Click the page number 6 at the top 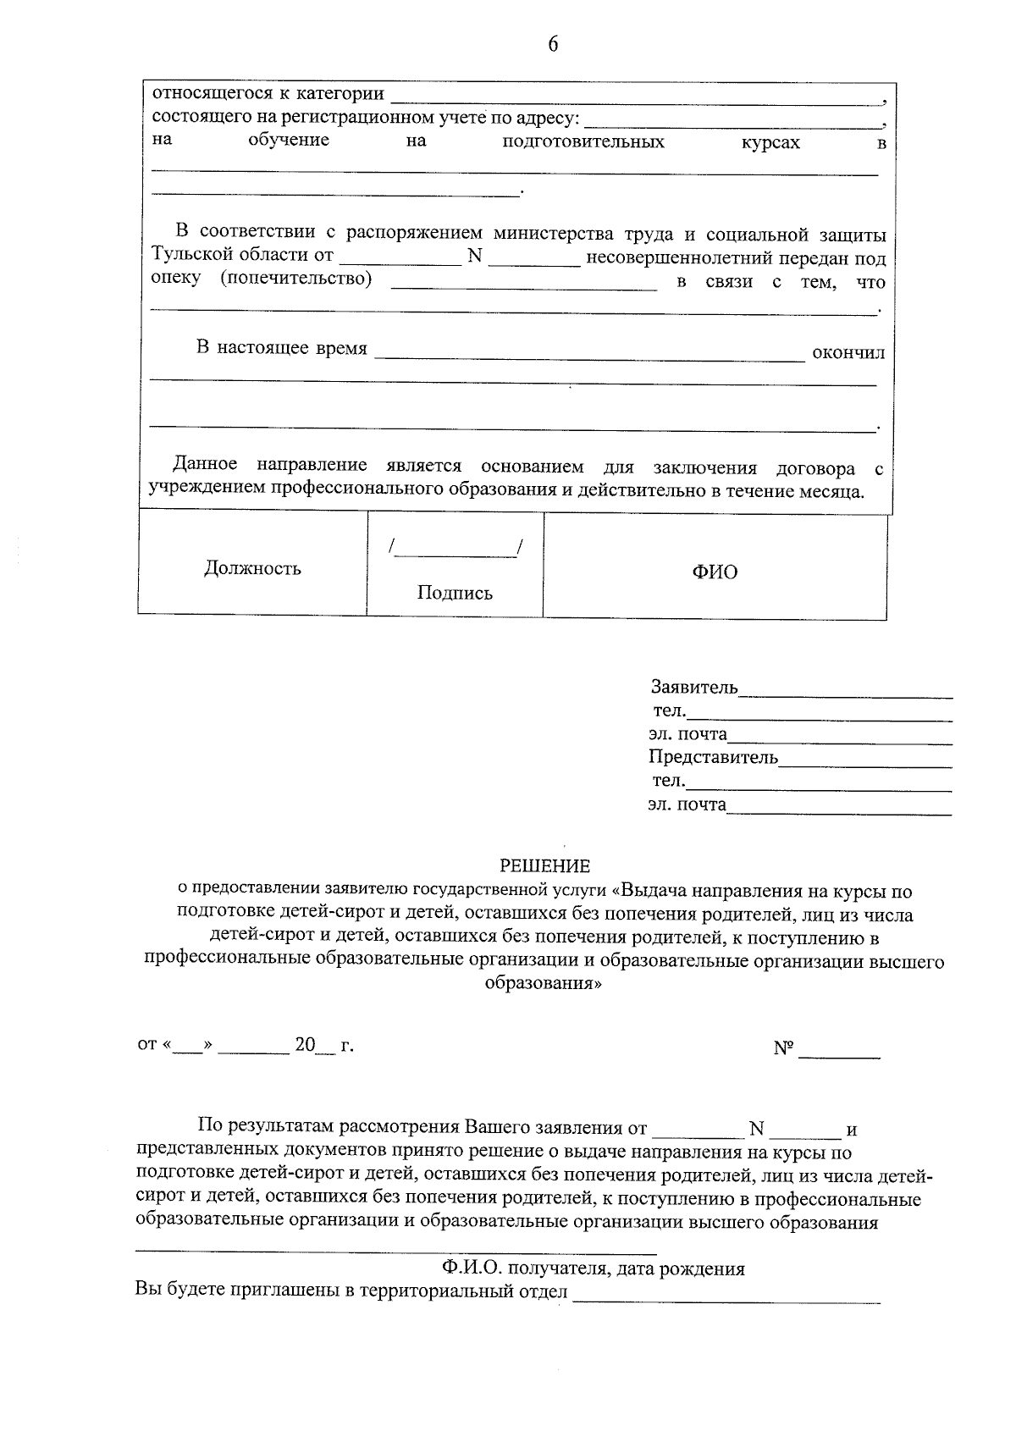(553, 45)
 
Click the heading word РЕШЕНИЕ (544, 865)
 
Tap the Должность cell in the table (252, 568)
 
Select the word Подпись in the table (455, 593)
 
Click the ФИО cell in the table (715, 572)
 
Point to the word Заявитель (694, 687)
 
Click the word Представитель (713, 757)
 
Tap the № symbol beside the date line (783, 1048)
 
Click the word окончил (848, 352)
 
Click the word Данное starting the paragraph (205, 464)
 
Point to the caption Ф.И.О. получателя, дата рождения (593, 1268)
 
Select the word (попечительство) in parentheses (296, 279)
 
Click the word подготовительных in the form (583, 142)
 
